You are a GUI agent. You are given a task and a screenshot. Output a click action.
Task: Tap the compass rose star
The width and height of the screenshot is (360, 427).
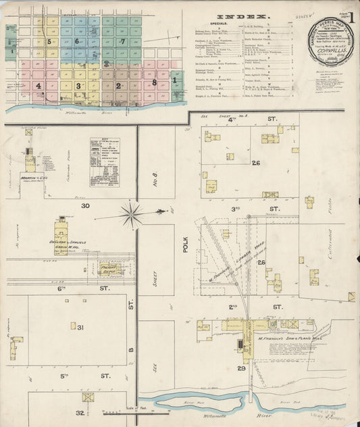(132, 216)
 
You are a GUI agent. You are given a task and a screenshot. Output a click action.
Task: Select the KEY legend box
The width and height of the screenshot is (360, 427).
(105, 162)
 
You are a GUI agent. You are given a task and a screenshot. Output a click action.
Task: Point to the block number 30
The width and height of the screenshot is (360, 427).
(85, 205)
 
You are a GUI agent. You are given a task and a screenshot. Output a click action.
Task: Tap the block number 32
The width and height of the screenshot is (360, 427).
(80, 412)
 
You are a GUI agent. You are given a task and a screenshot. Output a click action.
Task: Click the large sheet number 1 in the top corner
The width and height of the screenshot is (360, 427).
(349, 14)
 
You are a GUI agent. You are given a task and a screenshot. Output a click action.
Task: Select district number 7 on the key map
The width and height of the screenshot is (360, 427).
(122, 41)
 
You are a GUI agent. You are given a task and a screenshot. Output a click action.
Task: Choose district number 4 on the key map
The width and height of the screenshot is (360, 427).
(38, 86)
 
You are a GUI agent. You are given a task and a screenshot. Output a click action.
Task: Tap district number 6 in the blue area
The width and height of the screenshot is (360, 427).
(78, 41)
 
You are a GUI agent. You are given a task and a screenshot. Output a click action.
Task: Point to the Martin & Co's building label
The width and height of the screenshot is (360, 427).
(34, 179)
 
